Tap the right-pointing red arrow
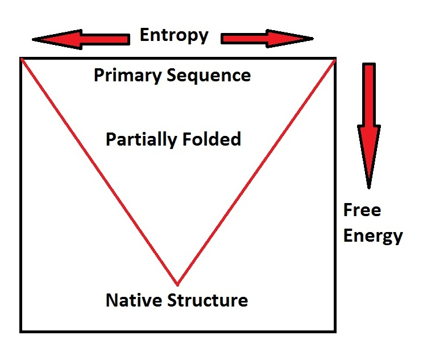[x=267, y=39]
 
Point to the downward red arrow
[x=369, y=125]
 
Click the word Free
[x=362, y=210]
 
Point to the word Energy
[x=373, y=235]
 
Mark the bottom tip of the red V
[x=177, y=284]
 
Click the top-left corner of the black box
[x=21, y=57]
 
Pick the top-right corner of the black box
[x=334, y=57]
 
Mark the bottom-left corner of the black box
[x=21, y=330]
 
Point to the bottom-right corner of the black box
[x=334, y=330]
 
